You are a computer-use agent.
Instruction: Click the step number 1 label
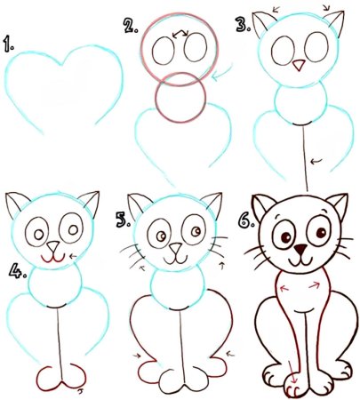[x=9, y=44]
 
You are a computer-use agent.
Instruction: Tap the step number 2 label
[x=131, y=26]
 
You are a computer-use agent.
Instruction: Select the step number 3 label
[x=243, y=24]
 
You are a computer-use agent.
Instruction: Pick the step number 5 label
[x=123, y=220]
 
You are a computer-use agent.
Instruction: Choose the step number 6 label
[x=245, y=220]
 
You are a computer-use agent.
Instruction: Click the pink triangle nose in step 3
[x=299, y=65]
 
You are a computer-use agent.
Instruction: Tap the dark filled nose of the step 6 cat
[x=301, y=250]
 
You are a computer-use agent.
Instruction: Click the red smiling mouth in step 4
[x=53, y=259]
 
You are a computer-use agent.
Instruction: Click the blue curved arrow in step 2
[x=223, y=72]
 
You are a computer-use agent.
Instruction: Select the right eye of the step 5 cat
[x=194, y=231]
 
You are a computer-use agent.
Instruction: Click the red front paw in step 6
[x=293, y=386]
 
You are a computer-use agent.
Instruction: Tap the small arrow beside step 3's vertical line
[x=316, y=161]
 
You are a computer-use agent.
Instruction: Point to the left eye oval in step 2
[x=164, y=51]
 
